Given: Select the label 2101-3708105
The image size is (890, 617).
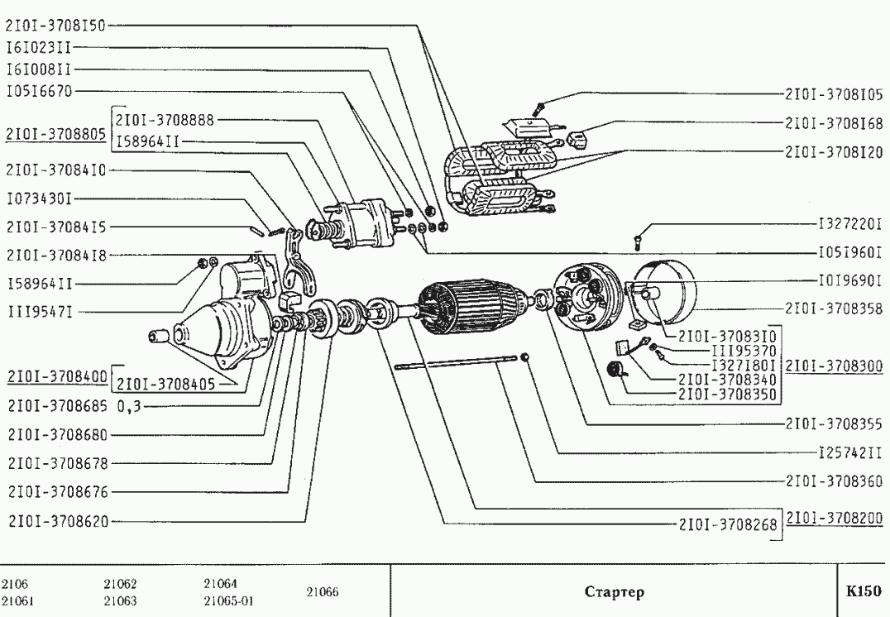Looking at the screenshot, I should tap(833, 93).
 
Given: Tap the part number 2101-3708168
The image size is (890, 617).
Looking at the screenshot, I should tap(833, 123).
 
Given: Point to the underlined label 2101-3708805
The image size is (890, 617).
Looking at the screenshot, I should tap(56, 133).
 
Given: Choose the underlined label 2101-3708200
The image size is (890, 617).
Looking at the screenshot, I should tap(834, 519).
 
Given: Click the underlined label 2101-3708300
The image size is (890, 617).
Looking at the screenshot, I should tap(834, 365).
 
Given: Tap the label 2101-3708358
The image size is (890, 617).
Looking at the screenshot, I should tap(833, 308).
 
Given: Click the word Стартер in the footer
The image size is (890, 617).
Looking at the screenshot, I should tap(614, 592).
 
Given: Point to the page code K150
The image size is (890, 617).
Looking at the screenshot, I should tap(863, 591).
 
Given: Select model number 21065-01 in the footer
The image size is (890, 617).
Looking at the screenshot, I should tap(228, 601).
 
